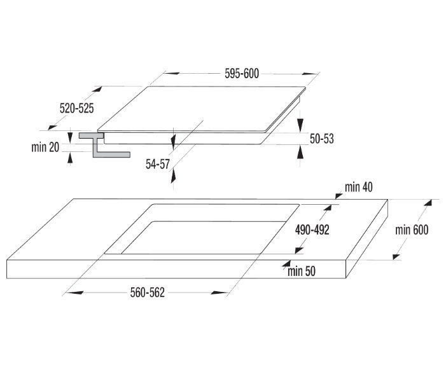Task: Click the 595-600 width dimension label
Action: (242, 74)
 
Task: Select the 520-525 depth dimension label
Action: (76, 108)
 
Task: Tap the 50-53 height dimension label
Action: (322, 139)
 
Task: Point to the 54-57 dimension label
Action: (158, 164)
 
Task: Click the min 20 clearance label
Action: (45, 148)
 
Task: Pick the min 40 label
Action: (358, 188)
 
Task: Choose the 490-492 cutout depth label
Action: (312, 230)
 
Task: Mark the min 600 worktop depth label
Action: (412, 230)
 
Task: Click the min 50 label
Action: (302, 271)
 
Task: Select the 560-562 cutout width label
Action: (148, 293)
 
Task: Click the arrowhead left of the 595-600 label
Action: (172, 73)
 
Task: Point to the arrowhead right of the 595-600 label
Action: (310, 74)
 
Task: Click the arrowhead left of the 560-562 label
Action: (73, 293)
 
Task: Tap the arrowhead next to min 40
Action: (338, 196)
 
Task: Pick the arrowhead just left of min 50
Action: (286, 263)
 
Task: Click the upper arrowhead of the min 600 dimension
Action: (428, 203)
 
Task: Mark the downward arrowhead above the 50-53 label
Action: (300, 125)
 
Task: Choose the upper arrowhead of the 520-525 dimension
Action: (97, 89)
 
